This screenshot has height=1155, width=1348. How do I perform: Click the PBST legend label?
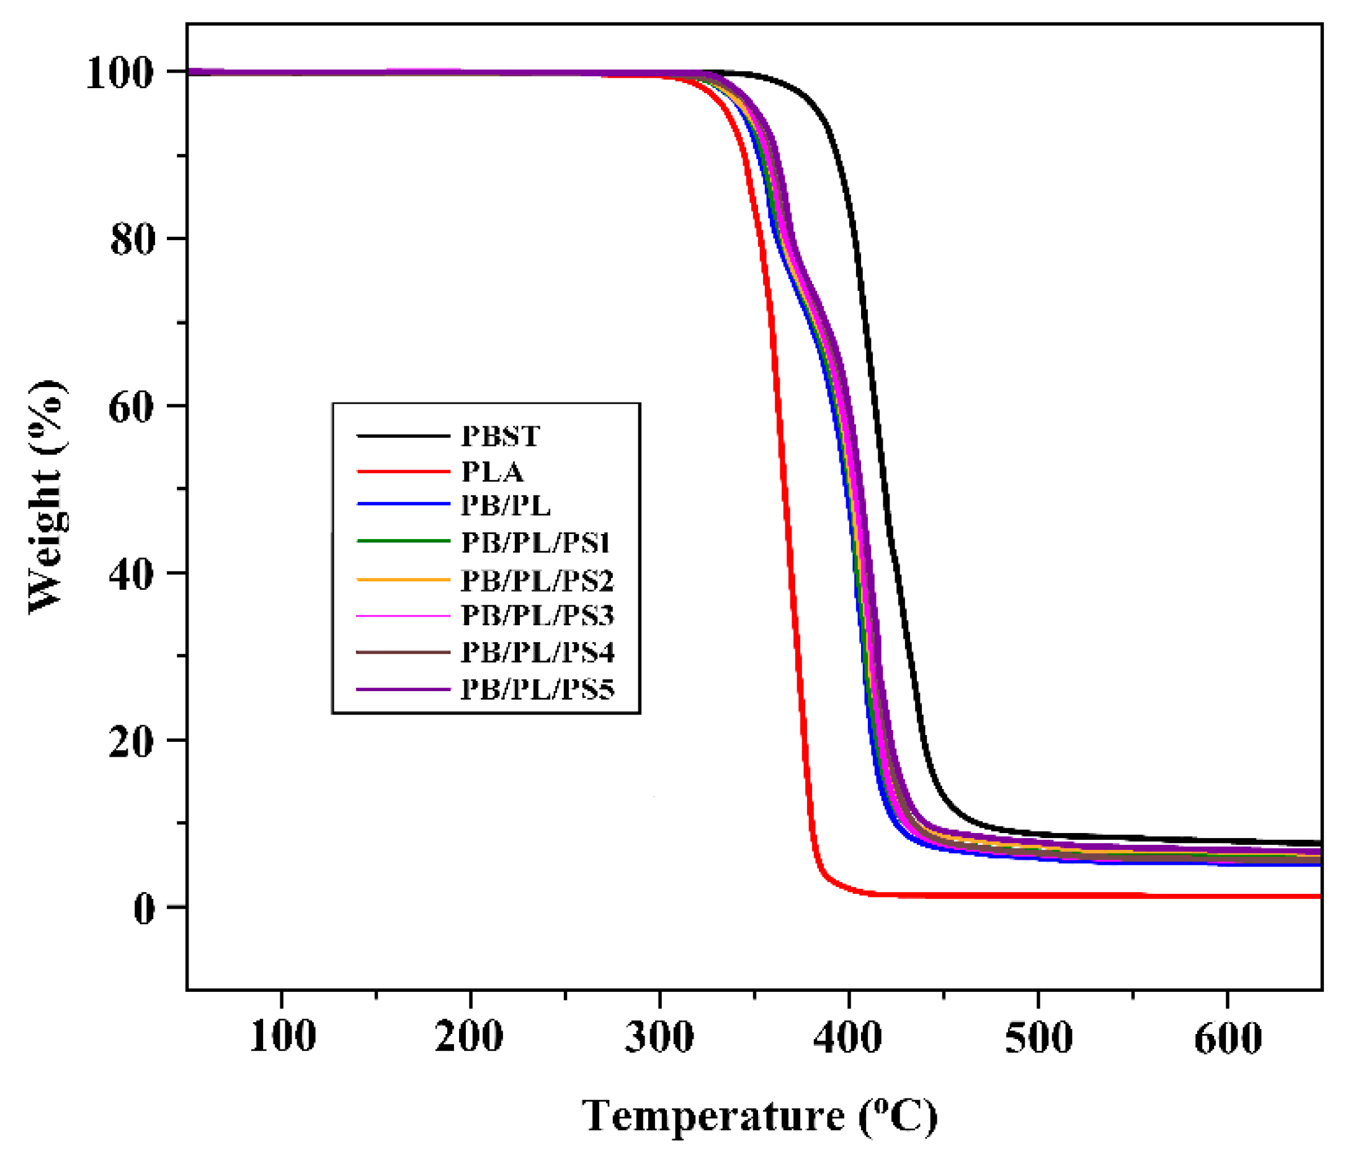pos(499,436)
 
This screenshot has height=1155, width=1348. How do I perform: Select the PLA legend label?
pos(492,473)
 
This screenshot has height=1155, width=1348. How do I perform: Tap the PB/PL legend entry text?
pos(506,506)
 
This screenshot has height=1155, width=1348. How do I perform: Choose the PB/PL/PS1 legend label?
pos(535,543)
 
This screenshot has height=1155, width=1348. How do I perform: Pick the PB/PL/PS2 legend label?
pos(537,581)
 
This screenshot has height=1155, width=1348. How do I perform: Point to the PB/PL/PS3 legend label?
pos(537,615)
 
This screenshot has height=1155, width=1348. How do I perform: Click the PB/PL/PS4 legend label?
pos(537,653)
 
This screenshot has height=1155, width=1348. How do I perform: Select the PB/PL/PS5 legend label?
pos(537,690)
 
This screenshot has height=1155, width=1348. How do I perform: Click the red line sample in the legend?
pos(403,471)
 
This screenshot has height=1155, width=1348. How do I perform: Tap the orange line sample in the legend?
pos(403,579)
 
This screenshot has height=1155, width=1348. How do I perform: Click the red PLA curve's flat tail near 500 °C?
pos(1038,895)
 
